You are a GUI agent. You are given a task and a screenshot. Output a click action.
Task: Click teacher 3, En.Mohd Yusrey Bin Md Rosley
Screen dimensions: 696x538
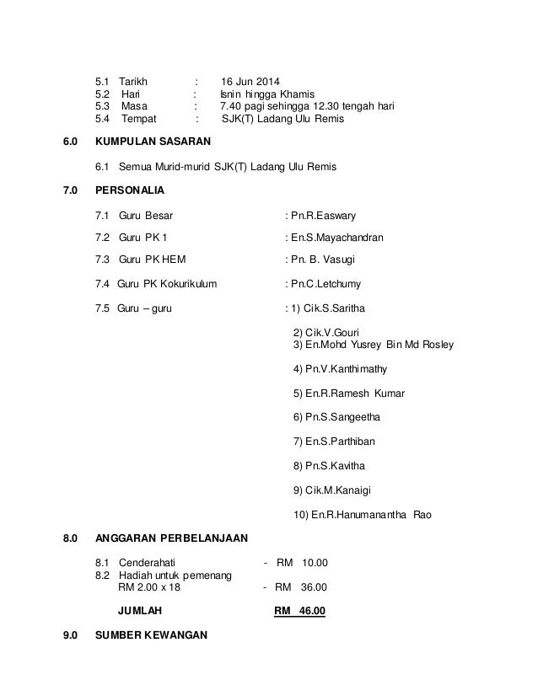pyautogui.click(x=372, y=345)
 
